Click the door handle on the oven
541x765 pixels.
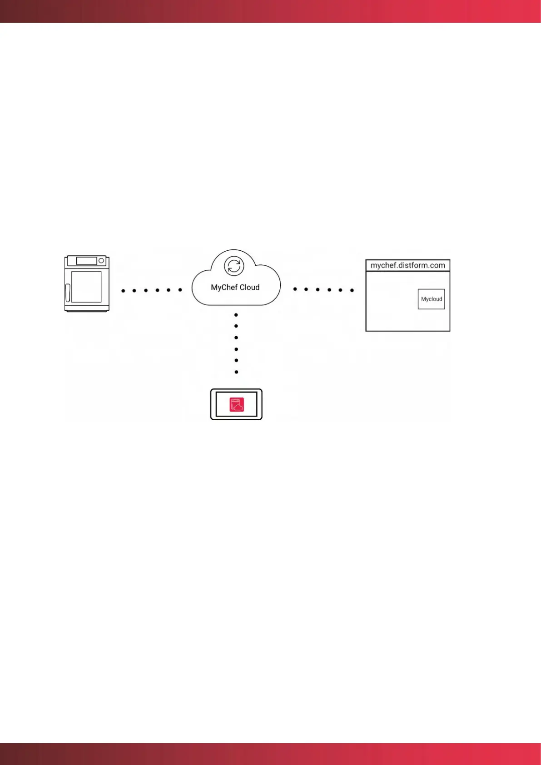pyautogui.click(x=68, y=293)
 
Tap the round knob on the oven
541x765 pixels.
pyautogui.click(x=101, y=261)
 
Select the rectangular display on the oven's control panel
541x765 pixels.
pyautogui.click(x=86, y=261)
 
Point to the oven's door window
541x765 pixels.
pyautogui.click(x=86, y=287)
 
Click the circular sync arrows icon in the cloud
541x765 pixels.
pyautogui.click(x=234, y=266)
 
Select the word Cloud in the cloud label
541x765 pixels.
pyautogui.click(x=249, y=288)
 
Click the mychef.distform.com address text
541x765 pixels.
pyautogui.click(x=407, y=265)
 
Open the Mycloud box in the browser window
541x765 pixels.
pyautogui.click(x=431, y=299)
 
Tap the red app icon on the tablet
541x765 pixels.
pyautogui.click(x=237, y=404)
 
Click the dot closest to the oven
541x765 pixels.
pyautogui.click(x=123, y=290)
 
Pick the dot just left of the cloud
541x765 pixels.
pyautogui.click(x=180, y=290)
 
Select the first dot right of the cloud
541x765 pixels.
pyautogui.click(x=295, y=289)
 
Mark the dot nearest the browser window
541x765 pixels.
pyautogui.click(x=352, y=290)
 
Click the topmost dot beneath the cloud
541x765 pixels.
pyautogui.click(x=236, y=315)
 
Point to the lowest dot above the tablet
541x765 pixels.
pyautogui.click(x=236, y=372)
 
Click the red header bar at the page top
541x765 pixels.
pyautogui.click(x=270, y=11)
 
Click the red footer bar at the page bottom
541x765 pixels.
pyautogui.click(x=270, y=754)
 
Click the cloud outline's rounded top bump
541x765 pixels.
pyautogui.click(x=234, y=251)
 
